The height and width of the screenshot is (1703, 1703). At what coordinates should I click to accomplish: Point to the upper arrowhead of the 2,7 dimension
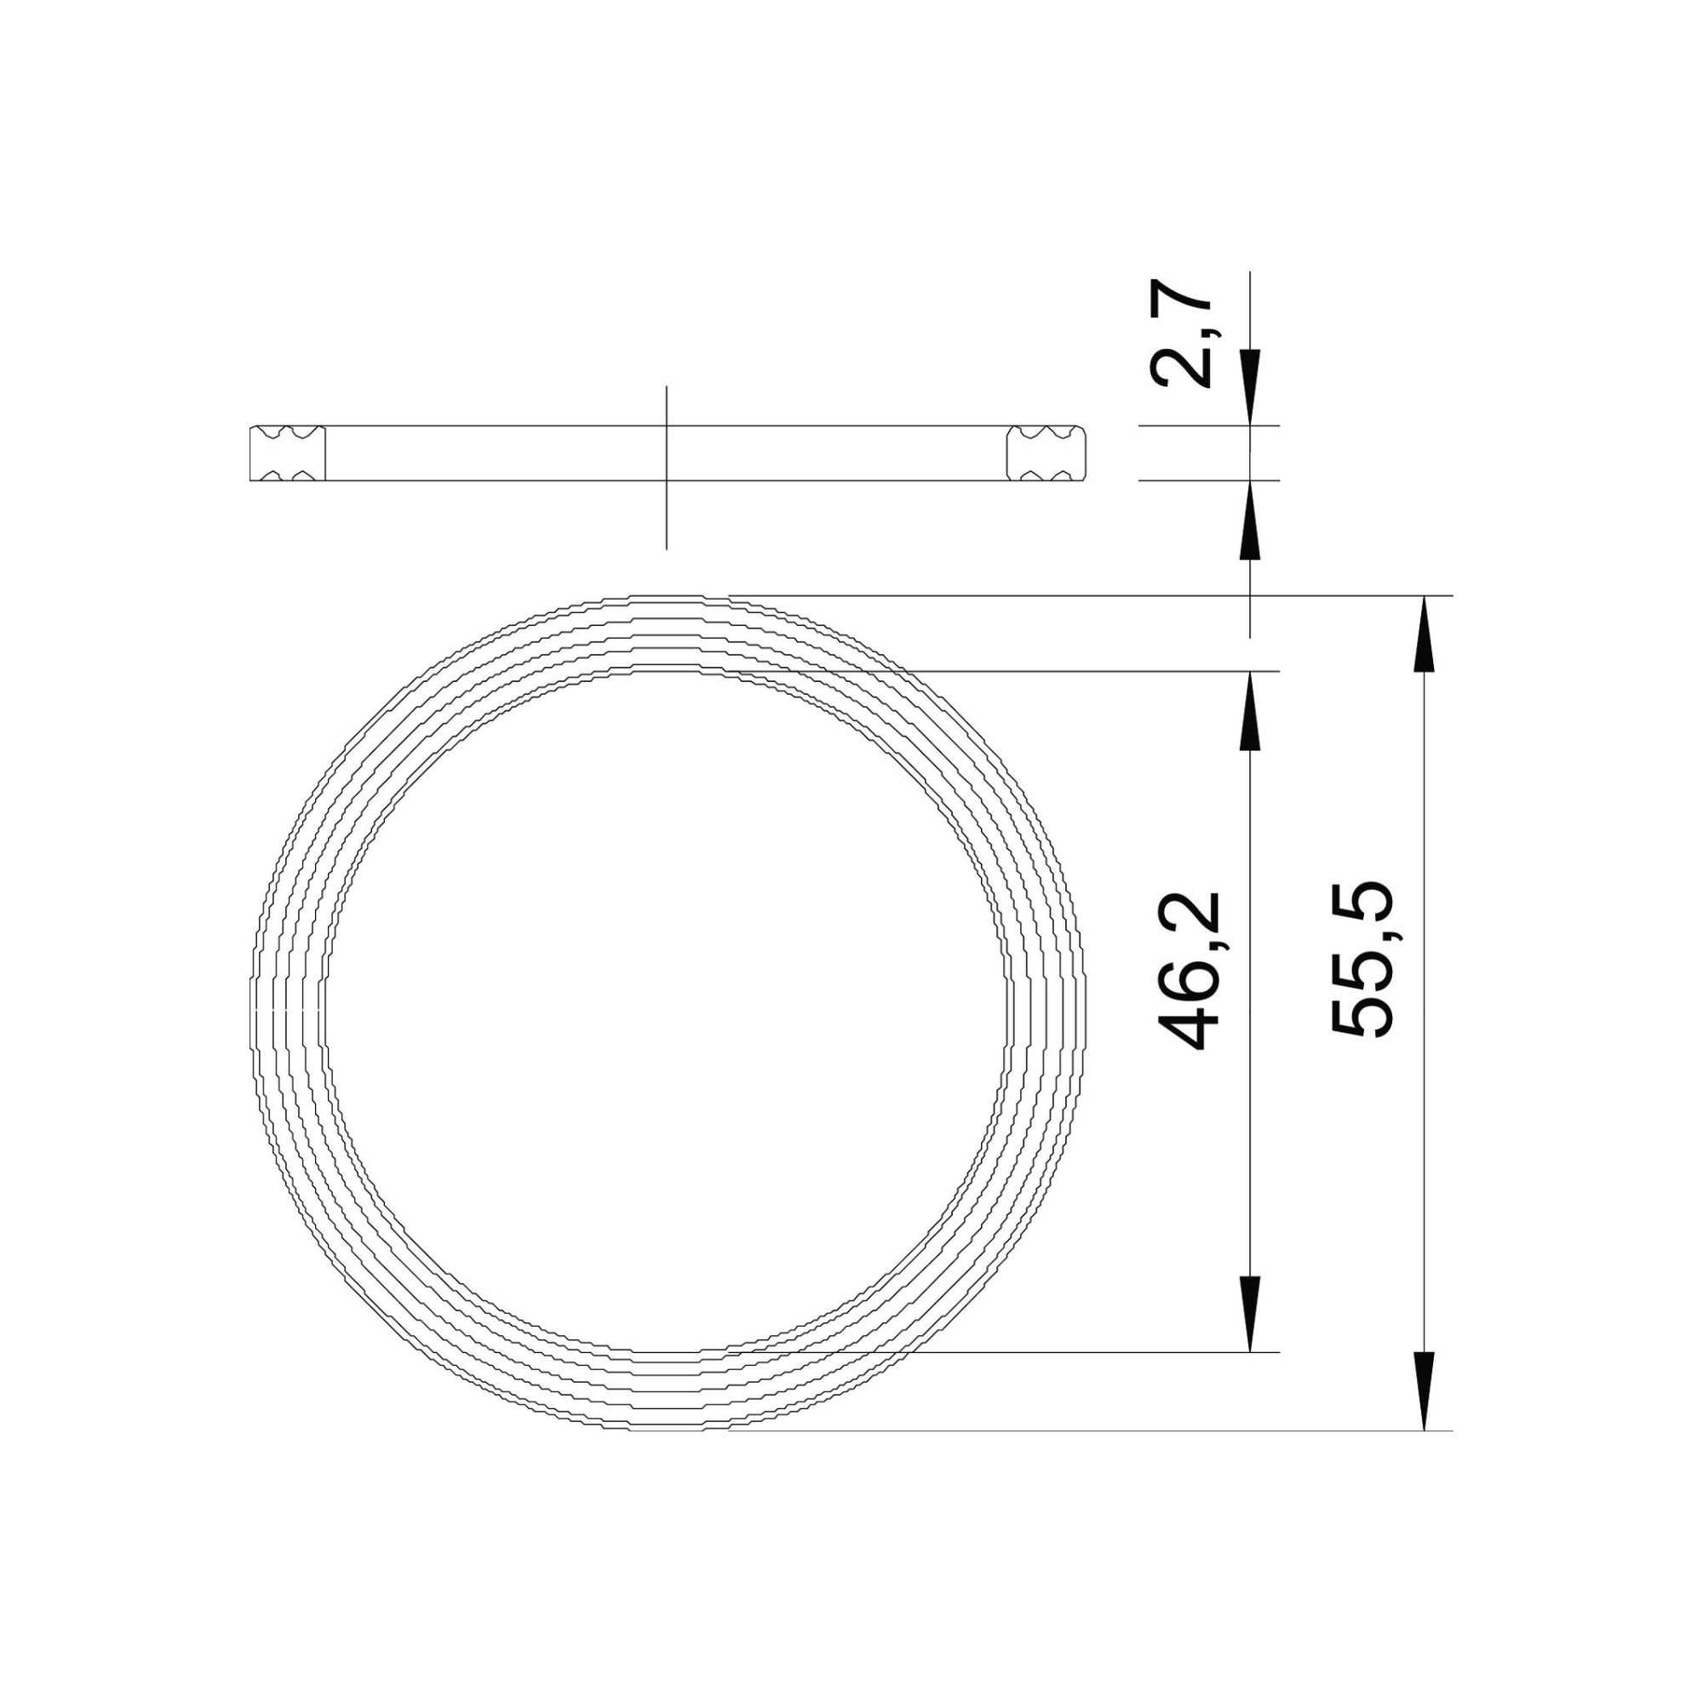click(x=1250, y=387)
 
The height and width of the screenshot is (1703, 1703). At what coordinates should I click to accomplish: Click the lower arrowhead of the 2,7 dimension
click(x=1250, y=519)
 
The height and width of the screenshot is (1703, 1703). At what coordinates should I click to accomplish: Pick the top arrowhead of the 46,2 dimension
click(x=1250, y=710)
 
